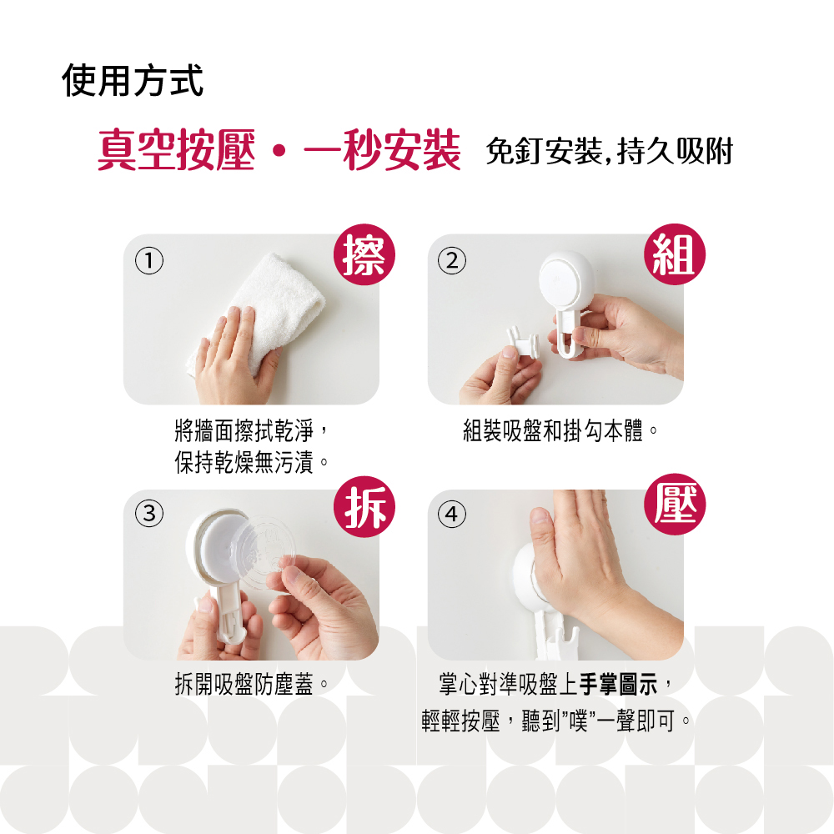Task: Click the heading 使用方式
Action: (x=133, y=81)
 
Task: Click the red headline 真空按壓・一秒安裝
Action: (x=279, y=150)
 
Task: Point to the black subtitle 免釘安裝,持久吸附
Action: (x=610, y=151)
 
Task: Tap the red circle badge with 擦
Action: (x=364, y=254)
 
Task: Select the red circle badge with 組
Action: (x=675, y=254)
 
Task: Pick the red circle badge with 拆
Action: (x=364, y=506)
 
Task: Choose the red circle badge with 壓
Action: (x=675, y=505)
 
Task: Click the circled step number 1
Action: (x=149, y=260)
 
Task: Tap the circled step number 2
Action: (x=451, y=260)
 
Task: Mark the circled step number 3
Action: (x=149, y=513)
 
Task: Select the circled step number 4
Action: (x=451, y=514)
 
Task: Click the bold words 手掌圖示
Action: (x=619, y=684)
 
